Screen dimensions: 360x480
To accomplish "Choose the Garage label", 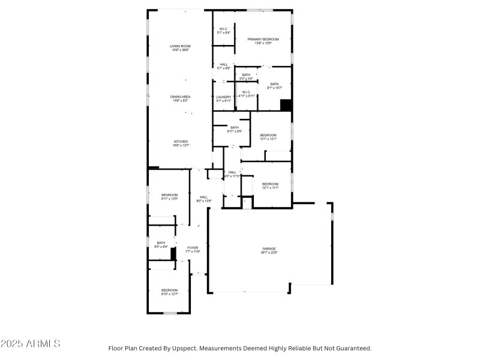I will pos(269,250).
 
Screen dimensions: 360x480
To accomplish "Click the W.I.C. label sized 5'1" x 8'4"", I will pos(223,31).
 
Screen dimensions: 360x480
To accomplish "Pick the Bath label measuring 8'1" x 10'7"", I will pos(274,86).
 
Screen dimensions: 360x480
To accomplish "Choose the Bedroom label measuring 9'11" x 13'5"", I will pos(170,196).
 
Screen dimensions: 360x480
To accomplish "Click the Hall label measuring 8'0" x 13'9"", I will pos(204,199).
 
